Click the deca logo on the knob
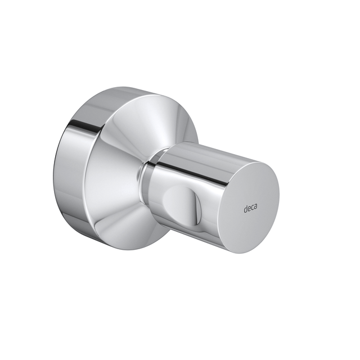(x=250, y=208)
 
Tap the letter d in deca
(x=245, y=209)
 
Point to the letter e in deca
(x=249, y=209)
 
